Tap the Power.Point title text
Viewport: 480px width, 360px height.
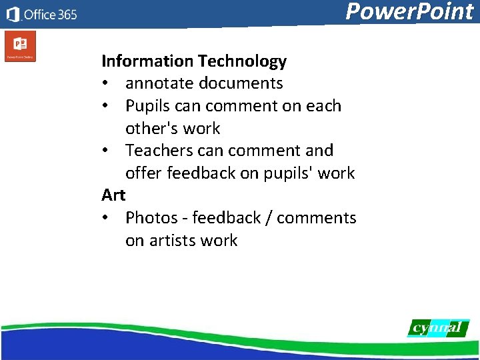point(409,12)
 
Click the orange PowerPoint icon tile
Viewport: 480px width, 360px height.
point(20,46)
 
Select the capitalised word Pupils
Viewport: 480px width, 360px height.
point(148,106)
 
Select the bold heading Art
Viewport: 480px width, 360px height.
point(113,195)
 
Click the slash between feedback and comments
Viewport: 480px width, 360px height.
point(269,218)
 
